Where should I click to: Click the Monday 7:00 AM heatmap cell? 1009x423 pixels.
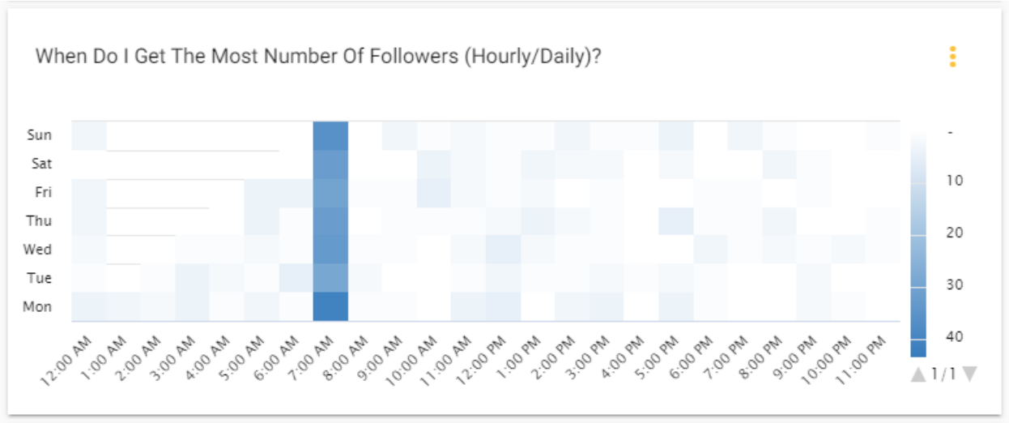(330, 306)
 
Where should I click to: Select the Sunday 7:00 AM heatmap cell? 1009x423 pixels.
(330, 135)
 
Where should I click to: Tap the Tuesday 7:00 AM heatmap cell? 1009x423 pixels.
(330, 278)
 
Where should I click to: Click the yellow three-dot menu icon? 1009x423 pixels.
(952, 57)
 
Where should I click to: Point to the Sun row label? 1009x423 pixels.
(40, 135)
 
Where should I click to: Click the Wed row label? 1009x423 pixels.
(39, 250)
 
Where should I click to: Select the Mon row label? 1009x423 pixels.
(39, 307)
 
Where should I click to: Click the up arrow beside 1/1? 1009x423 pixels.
(917, 374)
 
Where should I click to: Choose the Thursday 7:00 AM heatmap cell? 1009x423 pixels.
(330, 220)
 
